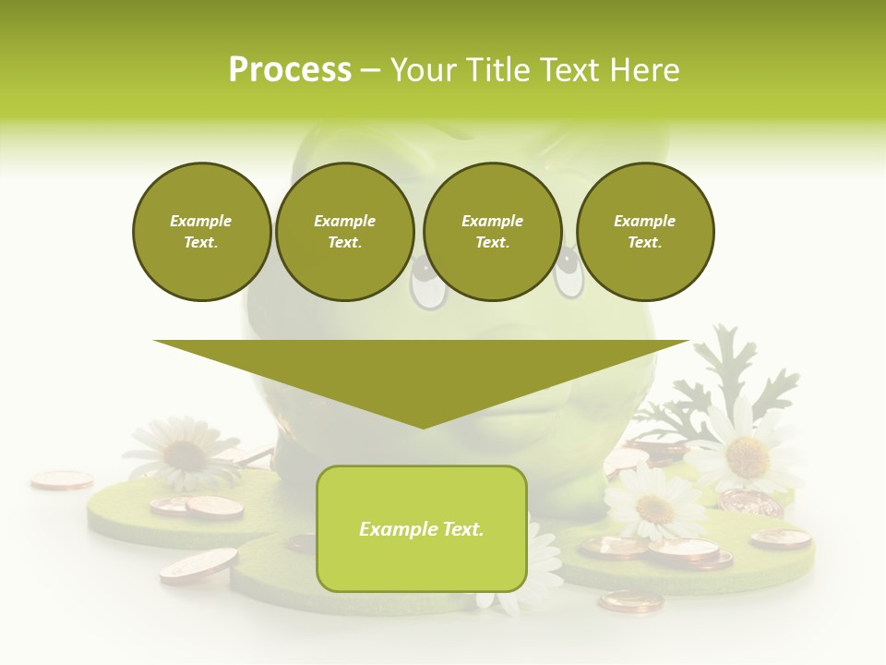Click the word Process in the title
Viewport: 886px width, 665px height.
point(290,70)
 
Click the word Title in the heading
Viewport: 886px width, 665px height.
point(496,70)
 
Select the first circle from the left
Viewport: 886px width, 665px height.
point(201,232)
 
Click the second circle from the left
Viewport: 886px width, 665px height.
point(344,232)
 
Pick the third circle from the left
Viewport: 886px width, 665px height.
point(492,232)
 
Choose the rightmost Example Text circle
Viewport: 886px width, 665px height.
point(644,232)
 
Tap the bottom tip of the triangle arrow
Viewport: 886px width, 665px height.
point(422,425)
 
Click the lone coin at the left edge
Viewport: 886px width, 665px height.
point(62,479)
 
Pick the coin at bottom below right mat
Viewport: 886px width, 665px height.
point(630,601)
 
